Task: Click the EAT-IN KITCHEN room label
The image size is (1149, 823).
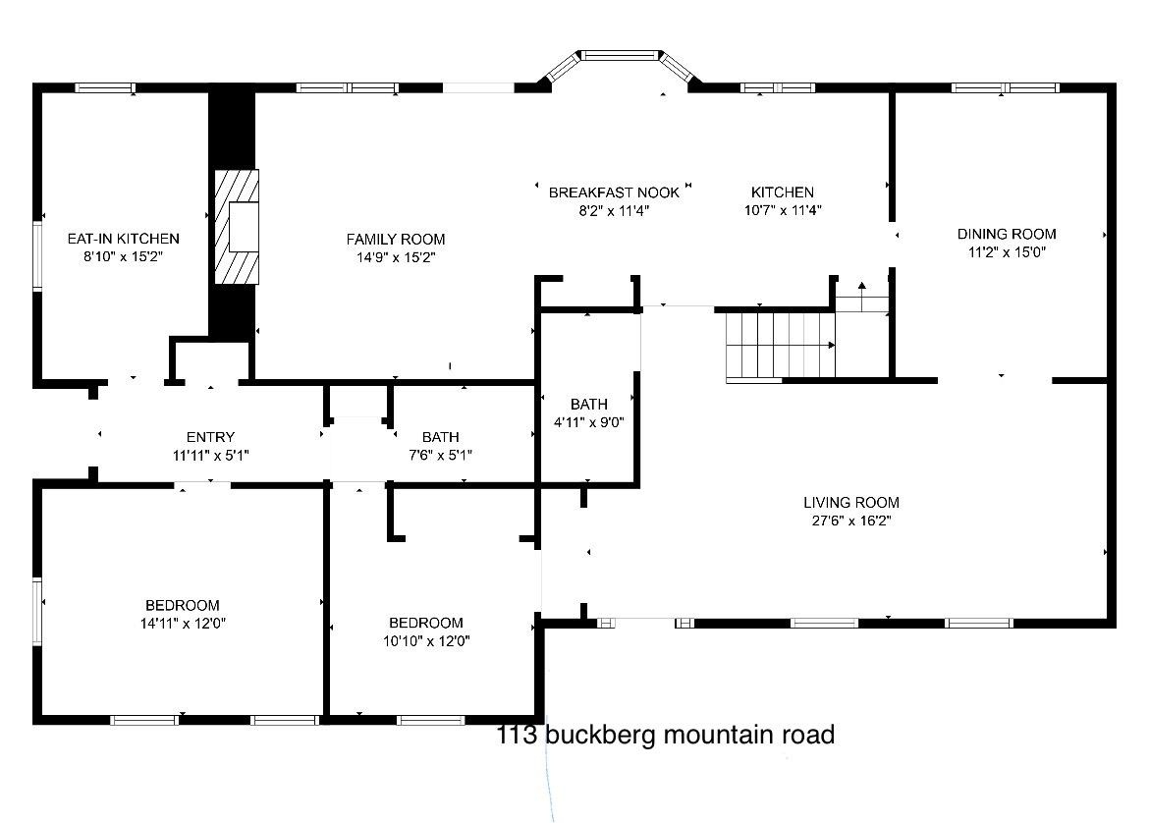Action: (x=123, y=239)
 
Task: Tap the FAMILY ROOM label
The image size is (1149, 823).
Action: (x=396, y=240)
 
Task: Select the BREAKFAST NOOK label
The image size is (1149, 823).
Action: (x=614, y=192)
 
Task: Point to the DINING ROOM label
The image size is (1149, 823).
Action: (x=1007, y=235)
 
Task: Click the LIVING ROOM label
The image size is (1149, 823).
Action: (x=851, y=503)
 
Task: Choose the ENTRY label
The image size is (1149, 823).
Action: (x=210, y=437)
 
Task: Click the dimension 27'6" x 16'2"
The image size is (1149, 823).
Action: (x=851, y=521)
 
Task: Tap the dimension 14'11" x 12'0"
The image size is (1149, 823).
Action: (x=183, y=624)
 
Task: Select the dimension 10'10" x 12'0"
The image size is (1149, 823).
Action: (x=426, y=641)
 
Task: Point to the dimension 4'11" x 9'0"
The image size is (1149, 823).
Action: (x=588, y=422)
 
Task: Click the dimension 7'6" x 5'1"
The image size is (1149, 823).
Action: (x=440, y=455)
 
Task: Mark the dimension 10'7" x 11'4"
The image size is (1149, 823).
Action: (x=783, y=210)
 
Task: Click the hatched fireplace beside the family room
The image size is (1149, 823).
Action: (x=236, y=227)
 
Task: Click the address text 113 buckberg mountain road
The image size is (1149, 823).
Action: (x=666, y=735)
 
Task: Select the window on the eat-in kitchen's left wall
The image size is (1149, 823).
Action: (x=37, y=255)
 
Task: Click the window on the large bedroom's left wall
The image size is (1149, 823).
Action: (x=37, y=611)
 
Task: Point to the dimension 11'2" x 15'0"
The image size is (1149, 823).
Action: (x=1007, y=252)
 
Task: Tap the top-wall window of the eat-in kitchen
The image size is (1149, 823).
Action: (x=105, y=88)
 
